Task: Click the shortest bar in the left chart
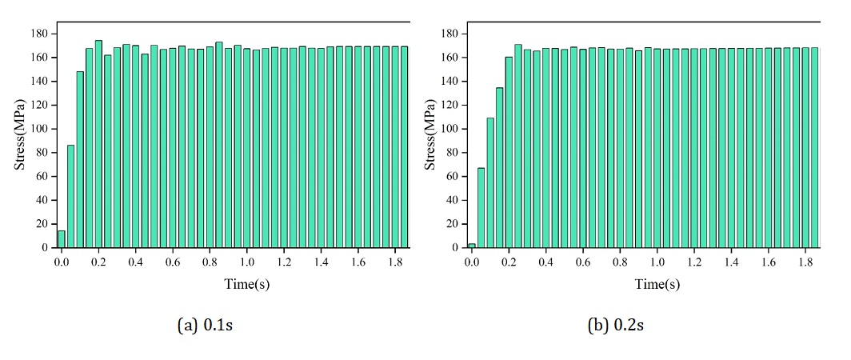[x=62, y=239]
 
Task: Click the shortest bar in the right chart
[x=472, y=246]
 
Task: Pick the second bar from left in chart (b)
[x=481, y=208]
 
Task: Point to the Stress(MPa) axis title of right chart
[x=429, y=134]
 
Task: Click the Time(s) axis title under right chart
[x=657, y=284]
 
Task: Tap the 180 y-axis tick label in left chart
[x=39, y=34]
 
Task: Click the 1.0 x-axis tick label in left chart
[x=247, y=262]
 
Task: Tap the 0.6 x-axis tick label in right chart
[x=584, y=262]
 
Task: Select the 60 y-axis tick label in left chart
[x=42, y=177]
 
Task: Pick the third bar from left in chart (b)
[x=491, y=183]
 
